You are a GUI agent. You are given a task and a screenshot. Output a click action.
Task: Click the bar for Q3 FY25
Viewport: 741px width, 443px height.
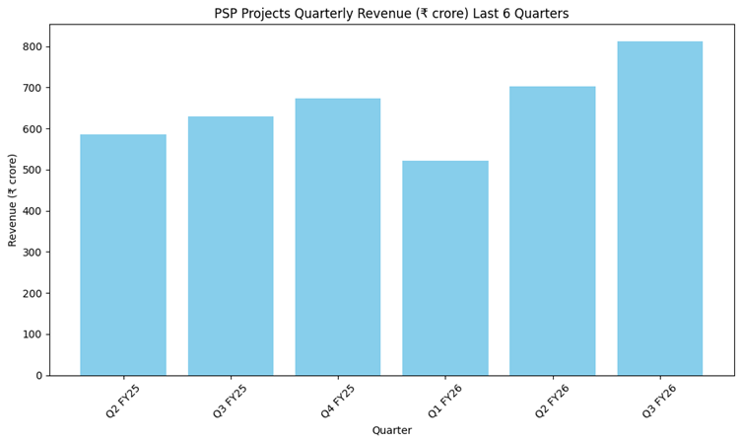click(231, 246)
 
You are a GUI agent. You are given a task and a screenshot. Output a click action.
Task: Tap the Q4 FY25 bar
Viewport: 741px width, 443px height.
click(338, 237)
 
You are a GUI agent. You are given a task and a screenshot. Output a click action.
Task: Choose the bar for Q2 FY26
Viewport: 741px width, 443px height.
click(553, 231)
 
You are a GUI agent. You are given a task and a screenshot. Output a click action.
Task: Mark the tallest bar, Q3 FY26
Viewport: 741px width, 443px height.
click(660, 208)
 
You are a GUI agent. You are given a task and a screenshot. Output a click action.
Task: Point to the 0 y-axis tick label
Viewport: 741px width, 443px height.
click(38, 376)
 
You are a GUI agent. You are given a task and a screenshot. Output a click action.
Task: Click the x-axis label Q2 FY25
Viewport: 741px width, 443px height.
click(124, 401)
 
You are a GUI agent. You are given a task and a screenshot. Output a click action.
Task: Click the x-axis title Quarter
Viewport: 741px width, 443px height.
click(391, 430)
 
